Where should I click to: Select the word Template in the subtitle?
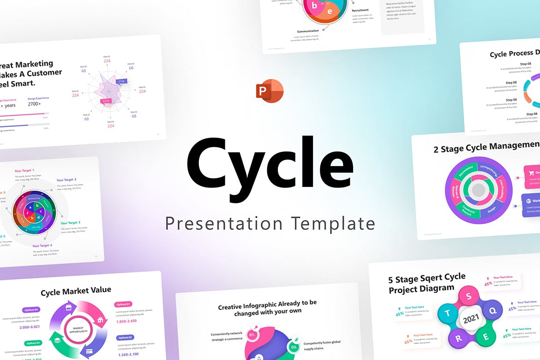coord(333,224)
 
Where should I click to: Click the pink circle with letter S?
coord(471,295)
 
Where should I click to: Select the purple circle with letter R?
coord(459,338)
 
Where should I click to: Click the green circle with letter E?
coord(486,337)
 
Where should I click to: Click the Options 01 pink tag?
coord(124,304)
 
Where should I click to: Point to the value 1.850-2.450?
coord(126,321)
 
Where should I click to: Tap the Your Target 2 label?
coord(66,180)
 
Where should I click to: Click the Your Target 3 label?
coord(70,223)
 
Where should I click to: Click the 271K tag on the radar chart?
coord(121,81)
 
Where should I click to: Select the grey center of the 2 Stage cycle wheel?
coord(479,190)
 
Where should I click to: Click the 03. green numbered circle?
coord(294,347)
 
